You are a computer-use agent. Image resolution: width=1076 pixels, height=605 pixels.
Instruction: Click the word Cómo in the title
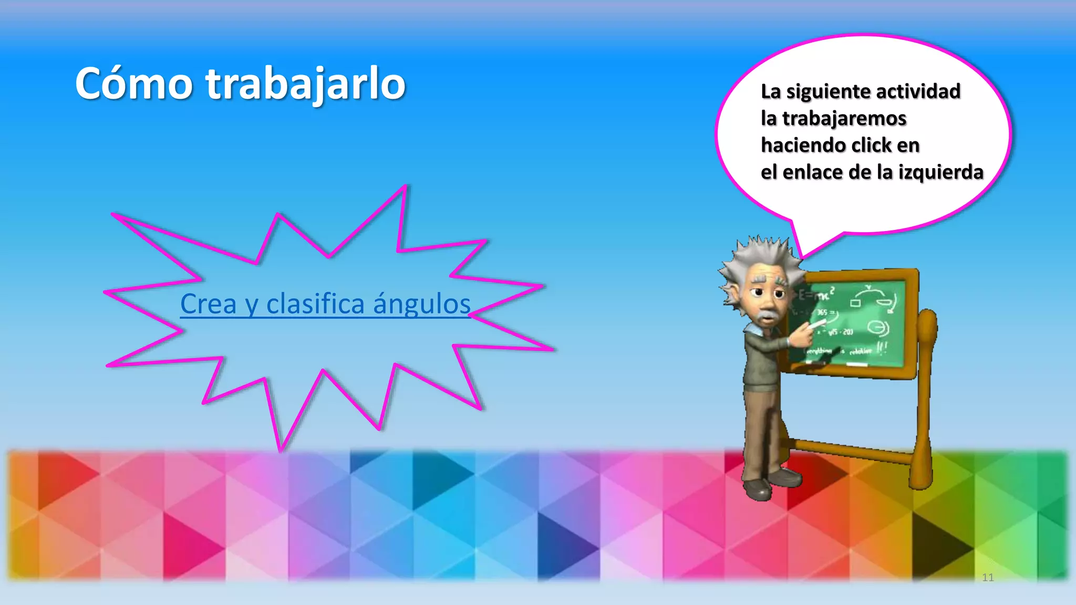tap(134, 84)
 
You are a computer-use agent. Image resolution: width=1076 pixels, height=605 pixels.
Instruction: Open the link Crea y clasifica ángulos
tap(325, 304)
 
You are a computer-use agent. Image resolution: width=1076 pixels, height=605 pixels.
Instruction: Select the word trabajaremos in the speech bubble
tap(844, 119)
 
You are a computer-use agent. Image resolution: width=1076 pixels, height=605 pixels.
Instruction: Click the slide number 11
tap(988, 578)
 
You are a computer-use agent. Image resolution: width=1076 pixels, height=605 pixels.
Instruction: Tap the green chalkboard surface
tap(862, 326)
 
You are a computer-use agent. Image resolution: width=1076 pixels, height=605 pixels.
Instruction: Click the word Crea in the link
tap(208, 304)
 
